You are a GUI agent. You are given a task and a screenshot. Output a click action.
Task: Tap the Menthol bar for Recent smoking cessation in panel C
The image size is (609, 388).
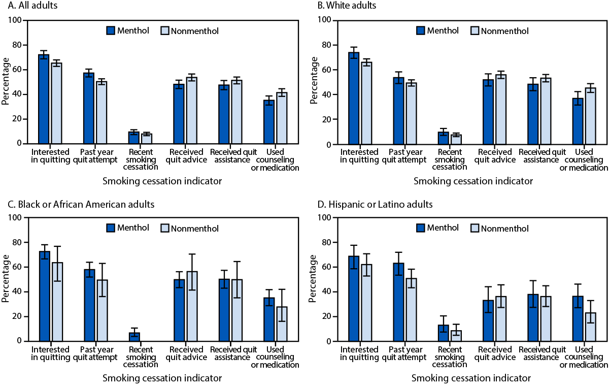pyautogui.click(x=134, y=337)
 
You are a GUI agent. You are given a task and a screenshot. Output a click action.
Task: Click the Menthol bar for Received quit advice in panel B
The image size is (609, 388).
pyautogui.click(x=488, y=112)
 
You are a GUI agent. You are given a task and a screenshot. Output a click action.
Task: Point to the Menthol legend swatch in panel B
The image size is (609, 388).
pyautogui.click(x=421, y=31)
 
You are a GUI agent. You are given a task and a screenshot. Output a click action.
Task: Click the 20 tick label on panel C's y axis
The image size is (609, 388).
pyautogui.click(x=17, y=316)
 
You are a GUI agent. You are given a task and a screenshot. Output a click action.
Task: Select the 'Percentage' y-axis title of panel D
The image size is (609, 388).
pyautogui.click(x=314, y=279)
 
